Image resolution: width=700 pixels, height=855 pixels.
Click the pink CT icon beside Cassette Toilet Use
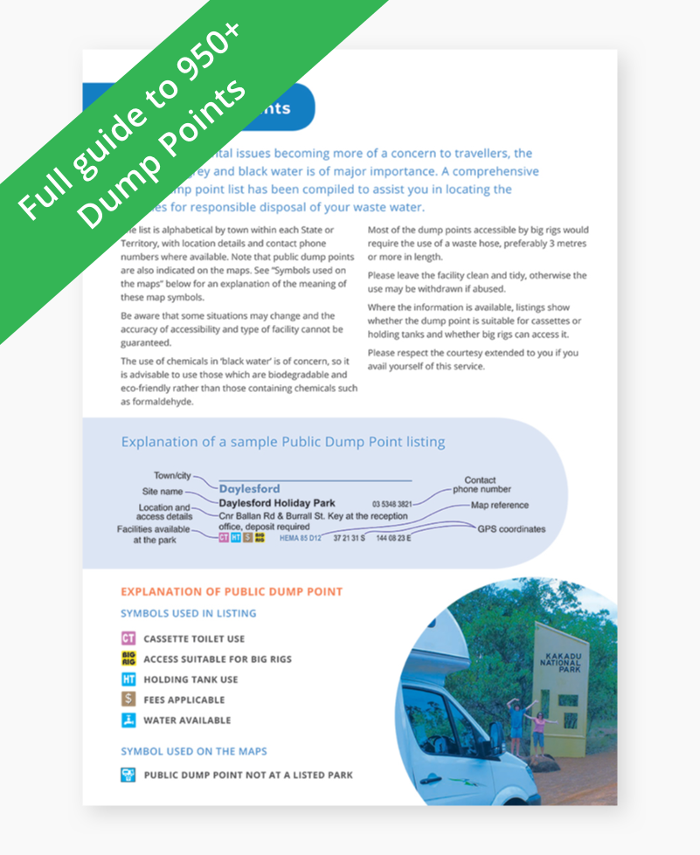pyautogui.click(x=128, y=638)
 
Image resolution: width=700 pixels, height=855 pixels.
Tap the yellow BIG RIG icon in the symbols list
pyautogui.click(x=128, y=658)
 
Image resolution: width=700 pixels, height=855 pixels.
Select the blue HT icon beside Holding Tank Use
pyautogui.click(x=128, y=679)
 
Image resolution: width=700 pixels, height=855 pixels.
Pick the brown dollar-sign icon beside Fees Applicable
pyautogui.click(x=128, y=700)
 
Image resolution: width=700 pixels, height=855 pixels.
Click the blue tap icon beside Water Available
pyautogui.click(x=128, y=721)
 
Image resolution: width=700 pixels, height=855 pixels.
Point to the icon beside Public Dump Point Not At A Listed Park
pyautogui.click(x=128, y=774)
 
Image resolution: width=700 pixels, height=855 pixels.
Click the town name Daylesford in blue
pyautogui.click(x=249, y=489)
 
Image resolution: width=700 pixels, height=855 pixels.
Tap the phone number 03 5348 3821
pyautogui.click(x=392, y=504)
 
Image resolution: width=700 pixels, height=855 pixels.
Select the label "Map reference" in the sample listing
pyautogui.click(x=499, y=505)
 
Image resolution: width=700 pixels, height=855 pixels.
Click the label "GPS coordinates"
pyautogui.click(x=510, y=528)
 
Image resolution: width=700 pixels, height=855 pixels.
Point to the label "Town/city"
pyautogui.click(x=172, y=476)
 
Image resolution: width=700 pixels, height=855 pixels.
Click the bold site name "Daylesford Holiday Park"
pyautogui.click(x=277, y=503)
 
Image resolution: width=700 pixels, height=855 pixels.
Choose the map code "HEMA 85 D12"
pyautogui.click(x=300, y=540)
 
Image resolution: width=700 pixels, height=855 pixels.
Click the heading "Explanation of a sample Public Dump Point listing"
pyautogui.click(x=282, y=442)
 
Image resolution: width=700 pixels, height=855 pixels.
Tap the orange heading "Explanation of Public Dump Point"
pyautogui.click(x=232, y=592)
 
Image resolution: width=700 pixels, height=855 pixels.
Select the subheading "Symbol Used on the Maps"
pyautogui.click(x=194, y=751)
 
